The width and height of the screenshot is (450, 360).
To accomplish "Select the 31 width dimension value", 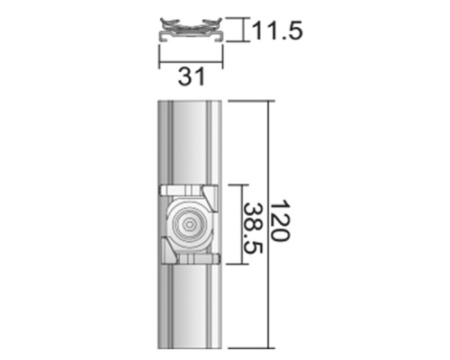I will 187,77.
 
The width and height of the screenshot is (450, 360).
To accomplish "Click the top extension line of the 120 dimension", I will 247,100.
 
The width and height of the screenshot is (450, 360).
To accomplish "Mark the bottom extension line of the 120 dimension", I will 247,348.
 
